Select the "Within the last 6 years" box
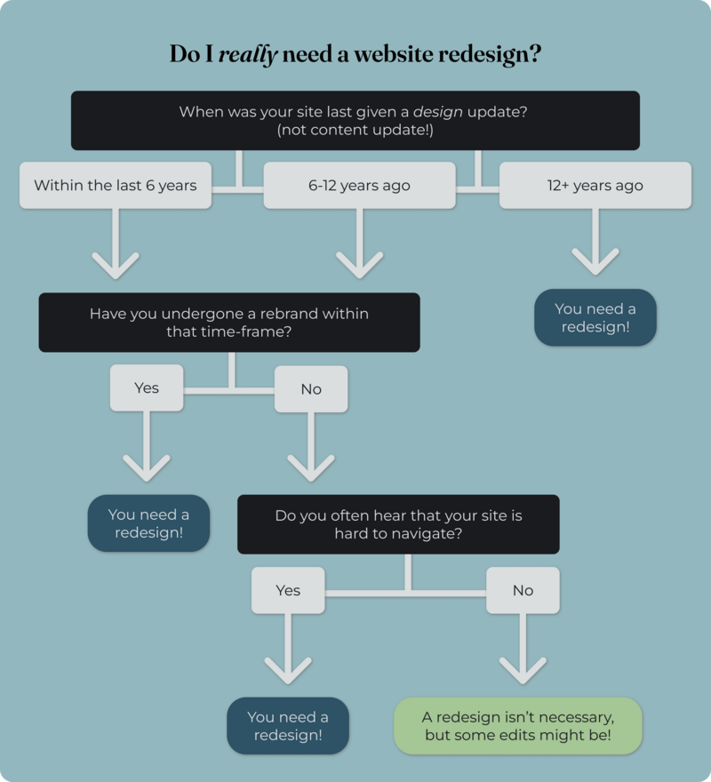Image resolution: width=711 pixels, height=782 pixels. tap(116, 186)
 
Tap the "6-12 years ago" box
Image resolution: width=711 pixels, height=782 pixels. tap(359, 186)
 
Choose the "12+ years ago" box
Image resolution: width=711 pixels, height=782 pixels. tap(595, 186)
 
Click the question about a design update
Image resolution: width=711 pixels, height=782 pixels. tap(355, 120)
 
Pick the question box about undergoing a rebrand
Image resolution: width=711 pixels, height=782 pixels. tap(228, 323)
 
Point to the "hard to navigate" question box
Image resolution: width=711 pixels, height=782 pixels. tap(398, 524)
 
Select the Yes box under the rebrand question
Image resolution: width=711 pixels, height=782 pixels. tap(147, 388)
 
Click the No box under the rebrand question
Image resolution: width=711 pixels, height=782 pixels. tap(311, 389)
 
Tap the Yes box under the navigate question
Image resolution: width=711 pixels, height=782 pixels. tap(288, 590)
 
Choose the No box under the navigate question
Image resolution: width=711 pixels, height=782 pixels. tap(523, 590)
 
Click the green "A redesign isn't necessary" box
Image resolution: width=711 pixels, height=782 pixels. tap(518, 726)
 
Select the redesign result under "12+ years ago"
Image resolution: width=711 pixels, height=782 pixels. tap(595, 317)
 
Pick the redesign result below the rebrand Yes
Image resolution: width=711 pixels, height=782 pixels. tap(148, 523)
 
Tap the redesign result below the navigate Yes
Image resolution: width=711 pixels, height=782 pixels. tap(288, 726)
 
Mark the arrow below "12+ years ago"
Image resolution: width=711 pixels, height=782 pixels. tap(595, 244)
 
